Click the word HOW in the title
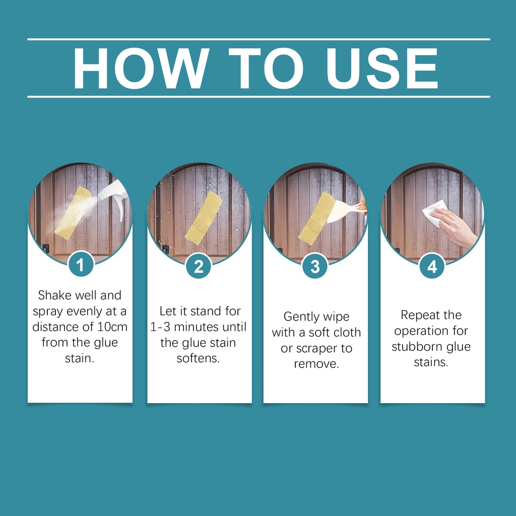click(141, 68)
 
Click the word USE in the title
click(382, 68)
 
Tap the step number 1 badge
click(81, 265)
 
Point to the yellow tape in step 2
click(204, 218)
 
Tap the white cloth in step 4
click(434, 213)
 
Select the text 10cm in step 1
click(112, 327)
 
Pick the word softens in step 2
click(198, 358)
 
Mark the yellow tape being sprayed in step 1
click(73, 213)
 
